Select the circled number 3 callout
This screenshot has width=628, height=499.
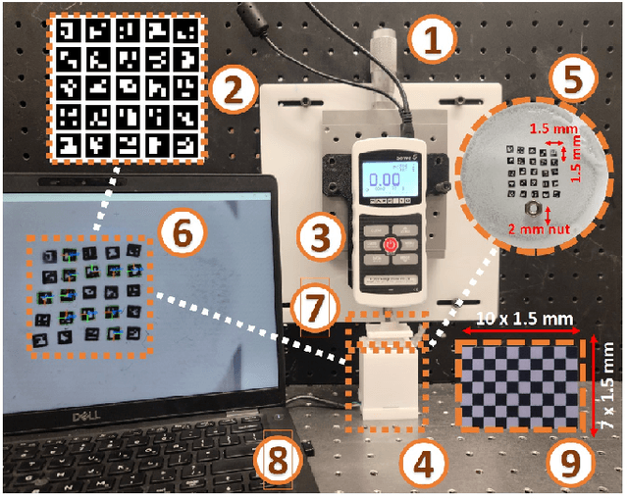click(317, 235)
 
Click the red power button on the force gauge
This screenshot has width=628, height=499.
click(392, 242)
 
